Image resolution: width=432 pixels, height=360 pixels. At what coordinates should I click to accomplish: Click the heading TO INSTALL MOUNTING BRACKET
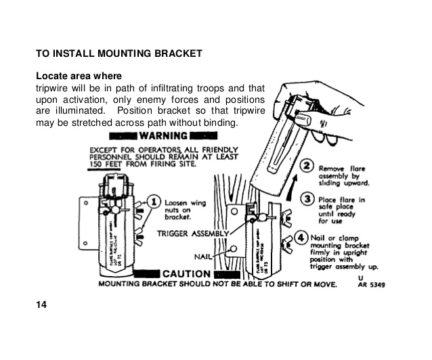[x=118, y=53]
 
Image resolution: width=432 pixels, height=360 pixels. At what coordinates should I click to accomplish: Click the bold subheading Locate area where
[x=79, y=76]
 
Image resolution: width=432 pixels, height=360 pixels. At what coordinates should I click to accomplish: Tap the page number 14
[x=41, y=305]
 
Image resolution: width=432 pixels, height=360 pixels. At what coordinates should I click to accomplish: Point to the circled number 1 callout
[x=154, y=201]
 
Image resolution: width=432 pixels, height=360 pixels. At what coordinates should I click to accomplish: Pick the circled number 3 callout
[x=305, y=199]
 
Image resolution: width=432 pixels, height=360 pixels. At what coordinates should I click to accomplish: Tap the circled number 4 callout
[x=301, y=238]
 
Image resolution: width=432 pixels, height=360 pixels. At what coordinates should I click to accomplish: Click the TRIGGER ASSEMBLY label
[x=190, y=233]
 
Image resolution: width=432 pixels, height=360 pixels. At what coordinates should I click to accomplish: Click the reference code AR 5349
[x=370, y=285]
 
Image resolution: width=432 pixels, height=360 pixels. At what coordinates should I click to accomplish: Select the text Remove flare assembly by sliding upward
[x=343, y=175]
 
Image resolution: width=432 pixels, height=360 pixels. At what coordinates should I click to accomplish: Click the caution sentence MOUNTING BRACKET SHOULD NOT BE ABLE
[x=217, y=285]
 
